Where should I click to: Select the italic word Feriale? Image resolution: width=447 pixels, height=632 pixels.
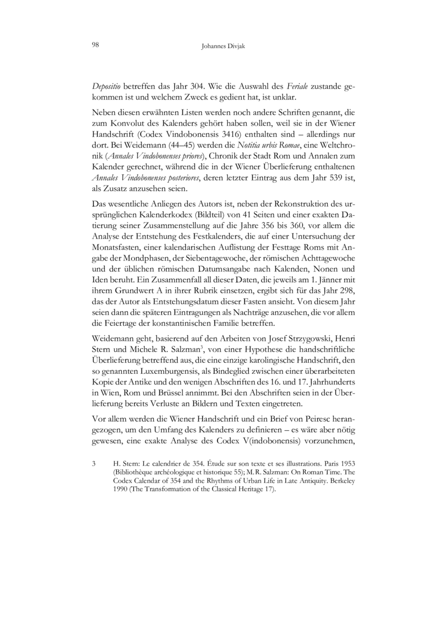pos(299,88)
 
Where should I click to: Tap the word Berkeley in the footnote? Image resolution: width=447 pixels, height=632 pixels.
pos(341,480)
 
